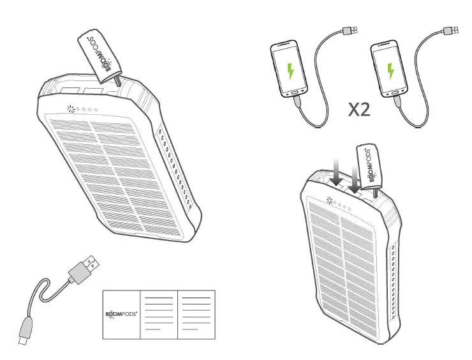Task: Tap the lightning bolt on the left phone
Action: (x=291, y=70)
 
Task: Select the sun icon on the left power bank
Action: (x=68, y=110)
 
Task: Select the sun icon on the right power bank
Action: (x=330, y=202)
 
